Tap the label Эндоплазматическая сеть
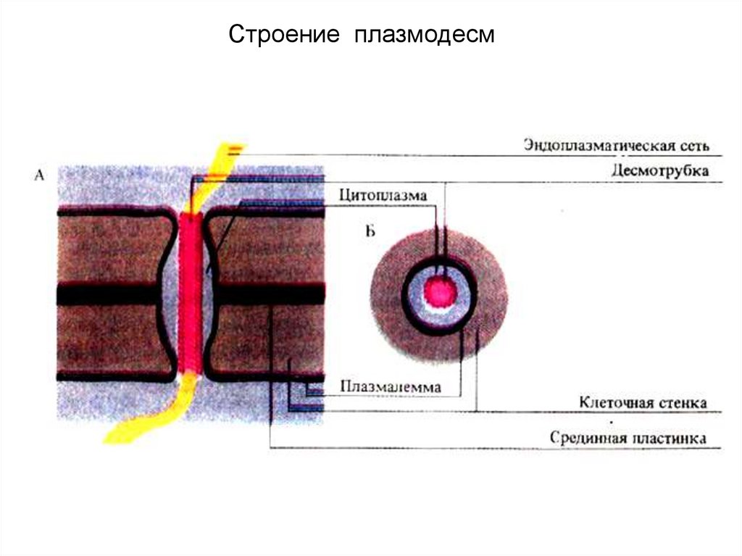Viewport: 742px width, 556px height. point(616,145)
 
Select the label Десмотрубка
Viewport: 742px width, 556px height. point(659,172)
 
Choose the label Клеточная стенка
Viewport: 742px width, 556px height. point(643,402)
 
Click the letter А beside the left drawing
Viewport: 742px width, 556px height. point(39,174)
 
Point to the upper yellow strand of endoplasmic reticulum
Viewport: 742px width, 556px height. point(217,167)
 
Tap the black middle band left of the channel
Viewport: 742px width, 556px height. point(109,294)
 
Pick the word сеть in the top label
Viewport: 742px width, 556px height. point(695,145)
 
